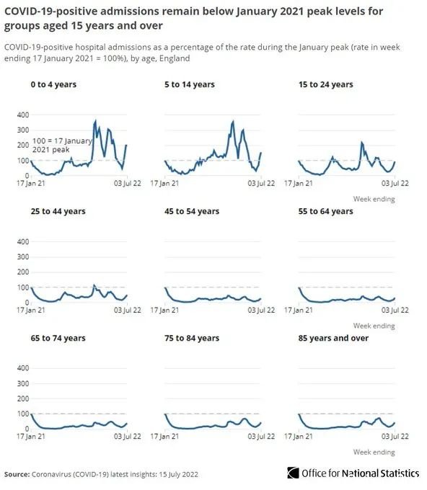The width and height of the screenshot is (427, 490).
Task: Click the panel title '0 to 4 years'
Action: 53,85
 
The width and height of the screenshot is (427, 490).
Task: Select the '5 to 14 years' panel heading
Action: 190,85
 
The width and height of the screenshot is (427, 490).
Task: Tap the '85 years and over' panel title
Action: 333,338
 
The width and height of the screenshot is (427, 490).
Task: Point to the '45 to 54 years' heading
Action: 192,212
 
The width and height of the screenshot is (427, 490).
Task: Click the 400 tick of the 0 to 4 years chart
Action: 23,115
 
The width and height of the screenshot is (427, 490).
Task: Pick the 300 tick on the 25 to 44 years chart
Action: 23,257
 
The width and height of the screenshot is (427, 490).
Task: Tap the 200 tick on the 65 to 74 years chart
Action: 23,398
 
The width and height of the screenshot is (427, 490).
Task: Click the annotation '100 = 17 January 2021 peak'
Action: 62,146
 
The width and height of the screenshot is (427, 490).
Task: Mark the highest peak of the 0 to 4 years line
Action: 95,120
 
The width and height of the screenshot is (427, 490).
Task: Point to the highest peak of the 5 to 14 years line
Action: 233,121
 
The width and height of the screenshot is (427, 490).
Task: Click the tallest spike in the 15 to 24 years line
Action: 362,142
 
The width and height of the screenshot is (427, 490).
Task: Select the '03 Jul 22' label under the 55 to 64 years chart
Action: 395,311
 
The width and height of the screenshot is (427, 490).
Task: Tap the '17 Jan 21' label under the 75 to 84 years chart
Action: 164,437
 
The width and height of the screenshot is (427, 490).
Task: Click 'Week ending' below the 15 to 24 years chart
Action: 374,199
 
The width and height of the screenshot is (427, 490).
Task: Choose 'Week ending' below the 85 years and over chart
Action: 374,453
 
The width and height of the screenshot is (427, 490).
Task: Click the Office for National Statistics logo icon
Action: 293,473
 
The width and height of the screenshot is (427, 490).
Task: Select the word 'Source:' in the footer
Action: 17,474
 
